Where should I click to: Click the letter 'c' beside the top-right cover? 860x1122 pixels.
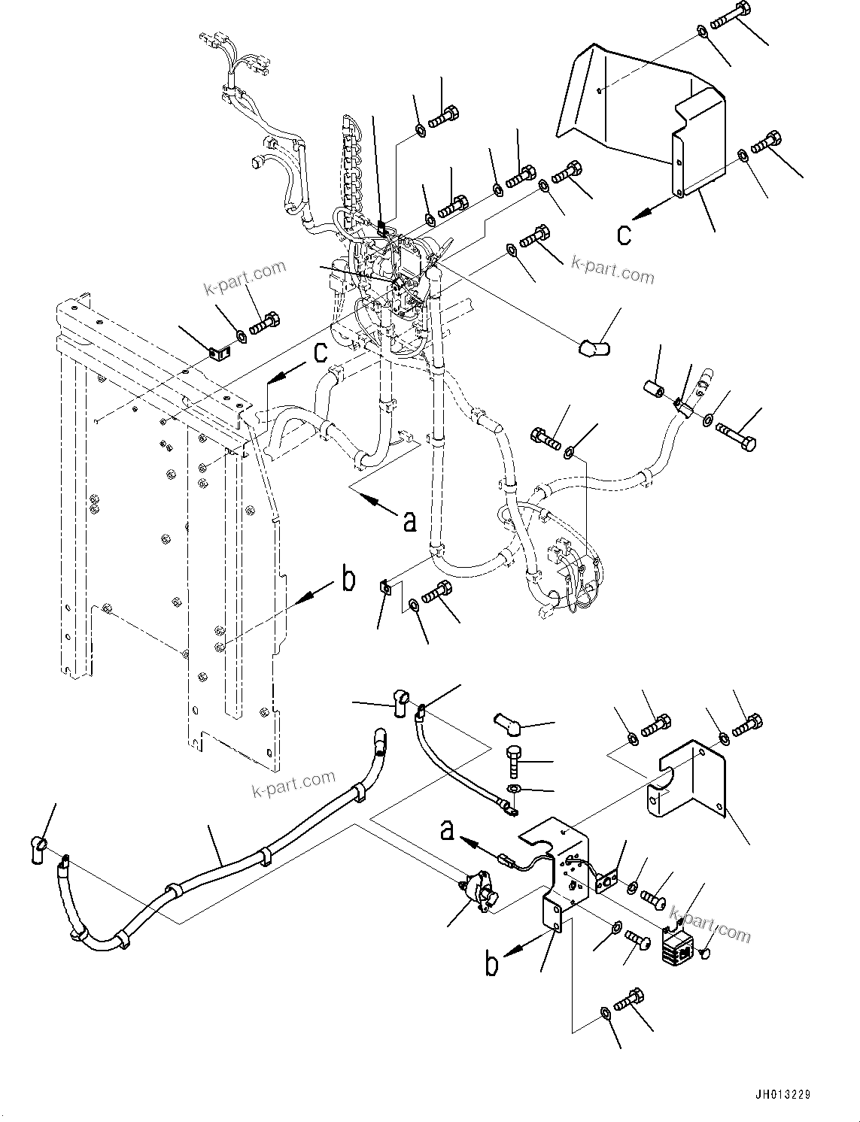pos(624,235)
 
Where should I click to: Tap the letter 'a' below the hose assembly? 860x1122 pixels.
pos(409,520)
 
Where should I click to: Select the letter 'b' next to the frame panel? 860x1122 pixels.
pos(348,581)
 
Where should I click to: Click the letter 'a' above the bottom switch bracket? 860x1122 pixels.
pos(447,830)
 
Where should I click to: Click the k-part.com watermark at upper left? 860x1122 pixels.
pos(245,278)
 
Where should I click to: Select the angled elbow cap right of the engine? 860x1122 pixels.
pos(594,347)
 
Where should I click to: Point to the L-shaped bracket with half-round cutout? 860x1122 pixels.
pos(688,782)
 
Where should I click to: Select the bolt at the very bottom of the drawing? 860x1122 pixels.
pos(630,1003)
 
